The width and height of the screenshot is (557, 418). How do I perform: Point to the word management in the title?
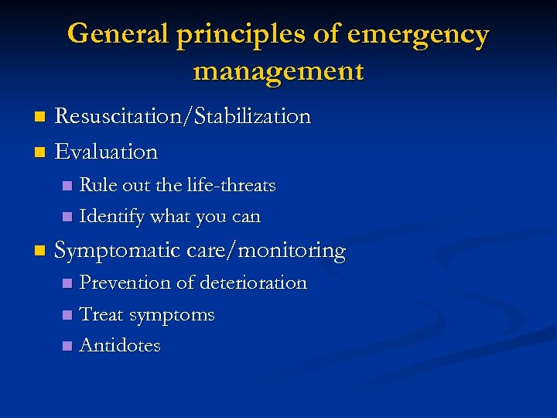click(278, 70)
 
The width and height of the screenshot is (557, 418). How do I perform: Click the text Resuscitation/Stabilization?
click(183, 116)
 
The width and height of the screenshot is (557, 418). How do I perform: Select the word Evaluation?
click(107, 151)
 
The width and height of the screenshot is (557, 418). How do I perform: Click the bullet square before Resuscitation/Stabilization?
click(41, 117)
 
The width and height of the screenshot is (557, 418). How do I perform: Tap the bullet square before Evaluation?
click(41, 152)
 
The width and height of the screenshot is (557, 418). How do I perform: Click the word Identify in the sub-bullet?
click(112, 217)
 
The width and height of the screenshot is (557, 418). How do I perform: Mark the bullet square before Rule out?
click(67, 186)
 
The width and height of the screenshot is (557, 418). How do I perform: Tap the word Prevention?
click(125, 283)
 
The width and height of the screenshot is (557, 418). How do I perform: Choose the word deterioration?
click(253, 283)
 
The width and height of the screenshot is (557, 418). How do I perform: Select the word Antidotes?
click(120, 345)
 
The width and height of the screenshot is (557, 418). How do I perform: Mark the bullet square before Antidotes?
click(67, 346)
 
